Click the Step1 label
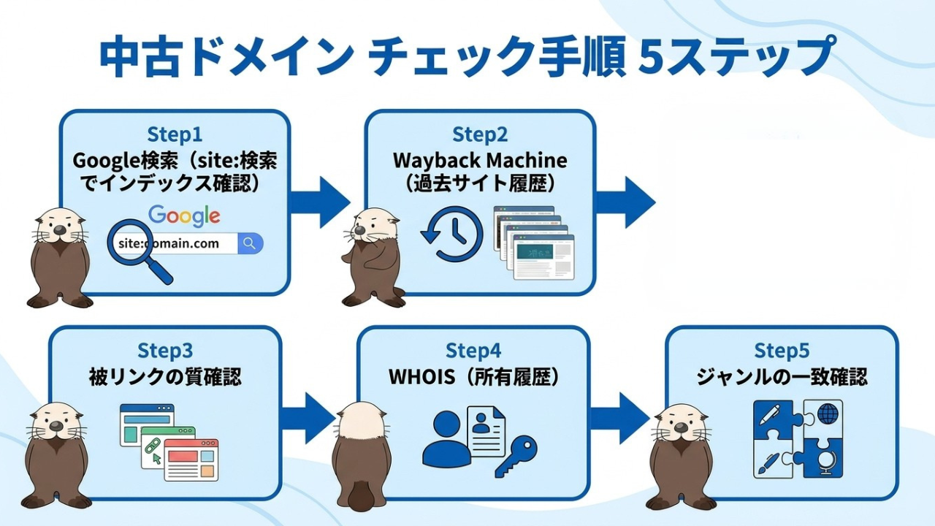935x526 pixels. (x=175, y=134)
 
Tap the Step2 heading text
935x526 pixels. (x=480, y=134)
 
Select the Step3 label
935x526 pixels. (x=165, y=351)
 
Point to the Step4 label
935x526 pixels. (x=473, y=351)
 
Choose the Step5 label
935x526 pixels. (x=782, y=351)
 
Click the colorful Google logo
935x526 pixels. (x=184, y=216)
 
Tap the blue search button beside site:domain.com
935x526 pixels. (x=250, y=243)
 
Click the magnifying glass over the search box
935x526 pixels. (x=139, y=251)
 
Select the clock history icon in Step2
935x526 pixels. (x=453, y=234)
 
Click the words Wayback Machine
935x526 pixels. (x=480, y=160)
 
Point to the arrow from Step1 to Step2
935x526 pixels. (x=320, y=202)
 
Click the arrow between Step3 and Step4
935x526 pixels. (x=308, y=418)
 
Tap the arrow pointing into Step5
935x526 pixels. (x=620, y=418)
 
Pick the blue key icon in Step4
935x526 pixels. (x=516, y=457)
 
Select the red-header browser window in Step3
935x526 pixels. (x=191, y=460)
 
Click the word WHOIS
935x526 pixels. (x=421, y=377)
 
